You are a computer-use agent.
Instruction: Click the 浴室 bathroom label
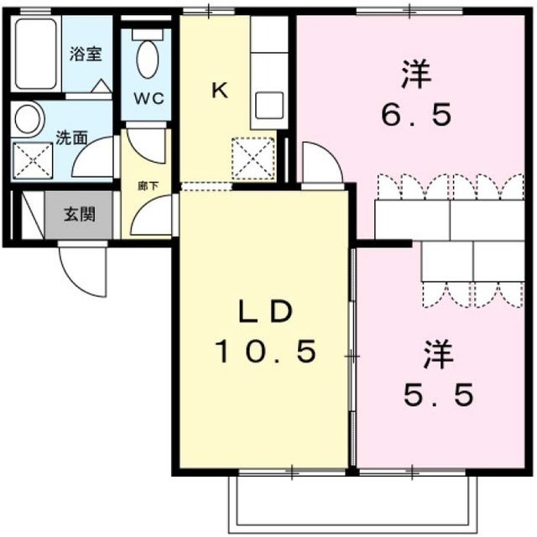click(x=86, y=54)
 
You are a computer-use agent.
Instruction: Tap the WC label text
click(x=149, y=99)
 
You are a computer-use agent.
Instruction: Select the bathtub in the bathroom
click(x=35, y=54)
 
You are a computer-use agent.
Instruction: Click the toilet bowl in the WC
click(x=148, y=59)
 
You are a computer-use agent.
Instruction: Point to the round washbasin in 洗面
click(x=28, y=118)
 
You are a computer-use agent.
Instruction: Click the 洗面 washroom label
click(x=71, y=138)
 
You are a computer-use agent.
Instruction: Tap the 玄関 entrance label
click(x=80, y=215)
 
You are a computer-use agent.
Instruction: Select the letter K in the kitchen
click(x=220, y=91)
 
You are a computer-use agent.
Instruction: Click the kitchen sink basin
click(x=270, y=106)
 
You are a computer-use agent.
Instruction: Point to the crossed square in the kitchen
click(x=253, y=159)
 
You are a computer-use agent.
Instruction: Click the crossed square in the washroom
click(x=33, y=161)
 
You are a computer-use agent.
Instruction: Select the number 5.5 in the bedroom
click(x=439, y=394)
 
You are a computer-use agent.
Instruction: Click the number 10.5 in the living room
click(x=265, y=352)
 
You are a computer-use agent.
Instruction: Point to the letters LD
click(x=266, y=310)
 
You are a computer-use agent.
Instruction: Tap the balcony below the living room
click(x=352, y=503)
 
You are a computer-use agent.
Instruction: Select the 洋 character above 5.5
click(x=439, y=354)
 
